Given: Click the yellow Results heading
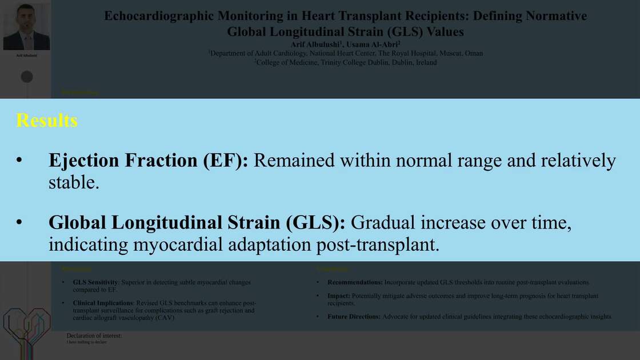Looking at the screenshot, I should [x=47, y=121].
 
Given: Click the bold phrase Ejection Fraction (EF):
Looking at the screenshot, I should [x=148, y=161].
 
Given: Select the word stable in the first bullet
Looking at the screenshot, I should [x=71, y=182].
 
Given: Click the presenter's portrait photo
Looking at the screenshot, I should [x=26, y=27].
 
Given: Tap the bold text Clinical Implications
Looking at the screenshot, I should [x=103, y=303].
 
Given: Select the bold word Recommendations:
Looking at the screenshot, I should [x=355, y=282].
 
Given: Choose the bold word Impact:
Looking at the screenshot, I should [x=339, y=296].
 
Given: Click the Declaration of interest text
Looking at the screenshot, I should [x=94, y=336].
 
